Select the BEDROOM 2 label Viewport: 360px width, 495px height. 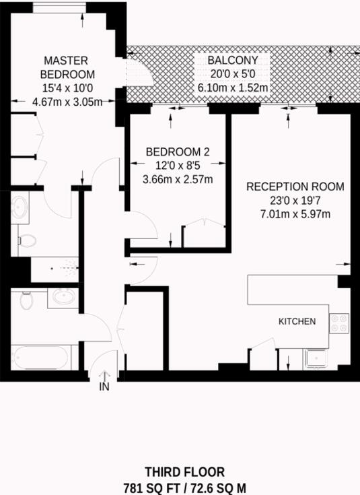(178, 152)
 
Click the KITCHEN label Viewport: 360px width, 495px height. (297, 321)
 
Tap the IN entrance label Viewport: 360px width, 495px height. (104, 387)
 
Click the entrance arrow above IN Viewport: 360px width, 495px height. (104, 374)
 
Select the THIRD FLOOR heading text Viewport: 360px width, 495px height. (184, 472)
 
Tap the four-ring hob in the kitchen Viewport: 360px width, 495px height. (338, 323)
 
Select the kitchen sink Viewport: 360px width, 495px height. (314, 358)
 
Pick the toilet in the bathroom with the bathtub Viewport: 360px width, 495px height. (27, 299)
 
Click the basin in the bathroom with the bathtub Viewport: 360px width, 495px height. (65, 296)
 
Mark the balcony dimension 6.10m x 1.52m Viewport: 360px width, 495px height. (233, 88)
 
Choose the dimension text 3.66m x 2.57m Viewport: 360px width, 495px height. (178, 180)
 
